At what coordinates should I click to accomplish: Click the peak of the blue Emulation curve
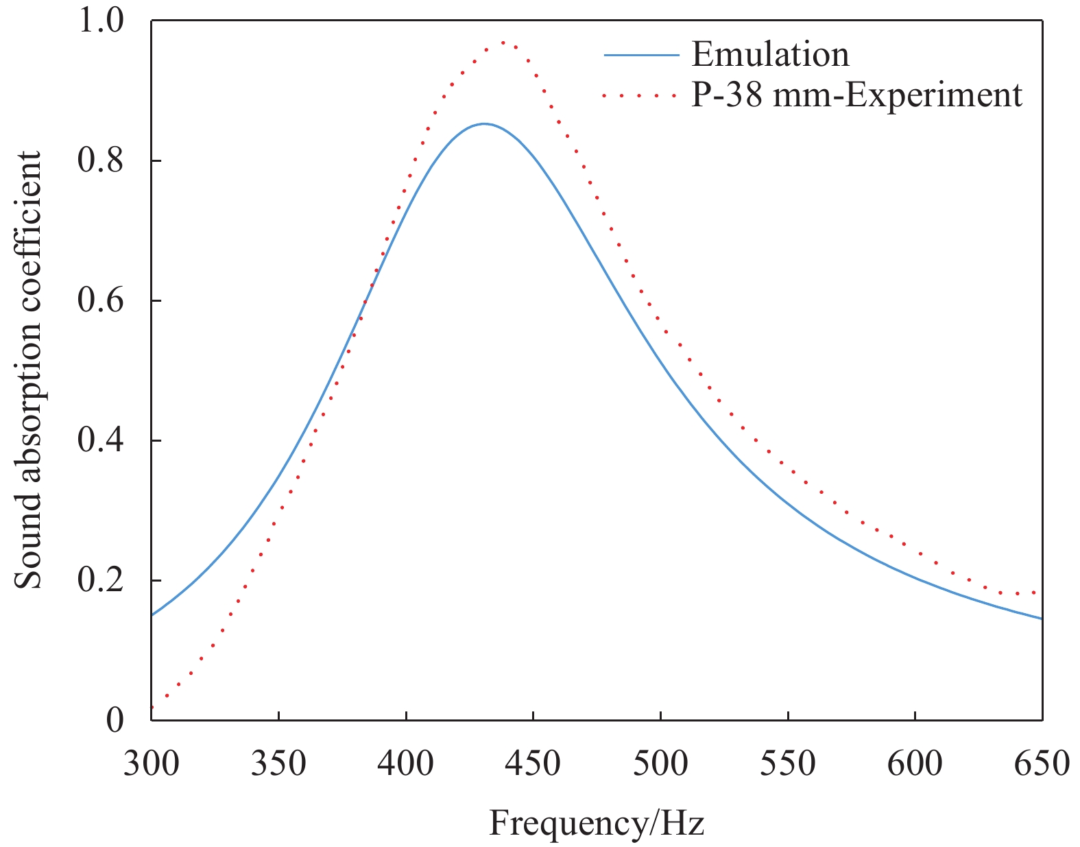[x=484, y=124]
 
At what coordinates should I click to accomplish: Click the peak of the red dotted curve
[x=504, y=43]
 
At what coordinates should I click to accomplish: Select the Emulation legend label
[x=770, y=55]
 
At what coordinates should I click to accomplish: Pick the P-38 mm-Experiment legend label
[x=856, y=95]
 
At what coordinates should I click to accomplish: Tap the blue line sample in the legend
[x=641, y=56]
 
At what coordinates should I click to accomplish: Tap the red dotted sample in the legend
[x=641, y=96]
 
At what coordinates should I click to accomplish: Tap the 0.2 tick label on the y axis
[x=100, y=580]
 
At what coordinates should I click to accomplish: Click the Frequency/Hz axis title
[x=597, y=823]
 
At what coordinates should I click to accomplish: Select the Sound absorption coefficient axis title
[x=29, y=370]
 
